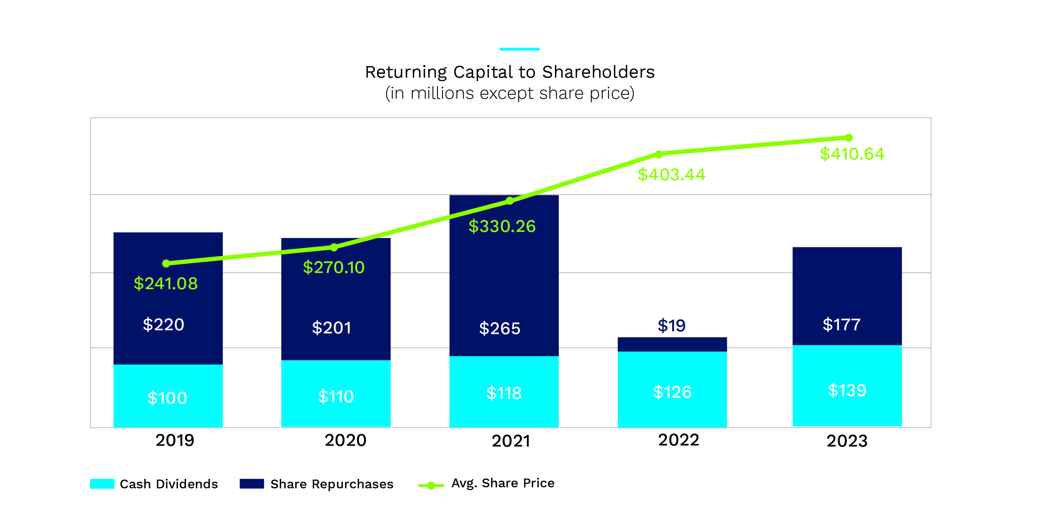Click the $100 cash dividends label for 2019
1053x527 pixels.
point(167,398)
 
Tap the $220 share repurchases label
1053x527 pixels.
point(164,325)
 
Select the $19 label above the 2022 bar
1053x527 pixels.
point(671,325)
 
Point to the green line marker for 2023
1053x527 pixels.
point(849,137)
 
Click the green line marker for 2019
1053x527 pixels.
point(166,263)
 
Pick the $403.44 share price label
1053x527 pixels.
point(671,175)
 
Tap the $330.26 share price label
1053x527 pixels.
point(502,226)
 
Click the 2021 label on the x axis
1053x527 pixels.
point(511,441)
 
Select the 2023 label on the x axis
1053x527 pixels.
point(847,441)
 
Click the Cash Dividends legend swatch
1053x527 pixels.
point(102,484)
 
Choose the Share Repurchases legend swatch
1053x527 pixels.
point(252,484)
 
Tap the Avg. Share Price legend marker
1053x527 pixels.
point(431,485)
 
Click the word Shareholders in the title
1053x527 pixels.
point(598,72)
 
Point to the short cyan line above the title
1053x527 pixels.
point(519,49)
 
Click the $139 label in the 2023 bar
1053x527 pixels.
point(847,390)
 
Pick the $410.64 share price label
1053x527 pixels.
point(852,154)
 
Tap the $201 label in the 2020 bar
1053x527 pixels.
point(331,327)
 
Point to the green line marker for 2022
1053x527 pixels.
point(658,154)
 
